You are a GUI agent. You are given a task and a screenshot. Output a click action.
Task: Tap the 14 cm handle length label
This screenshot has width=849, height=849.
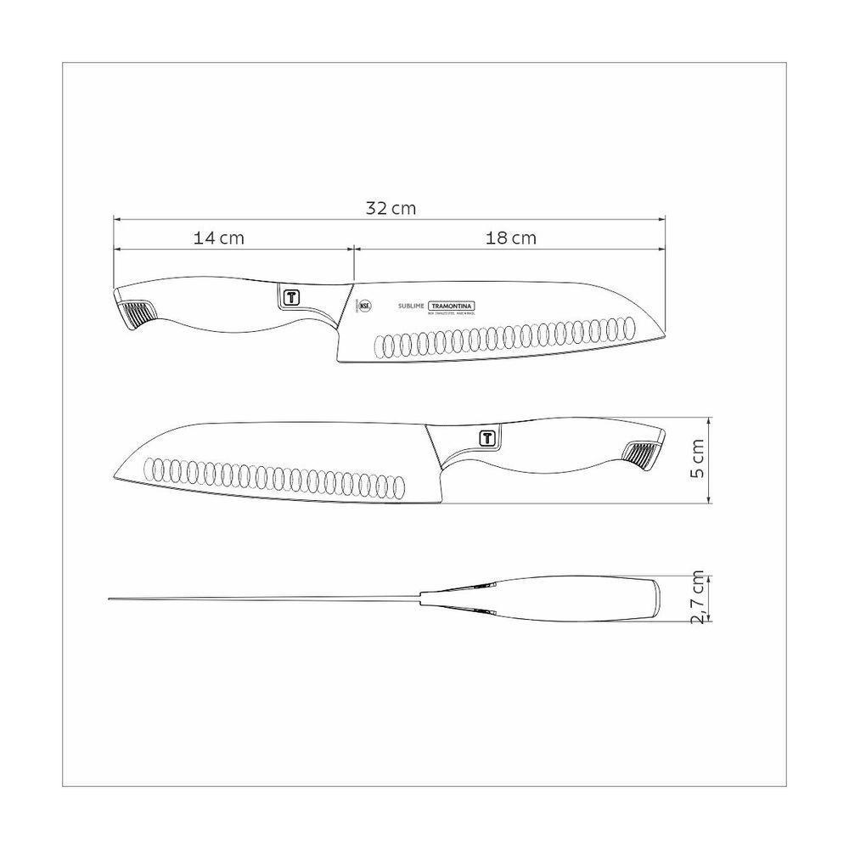[x=219, y=239]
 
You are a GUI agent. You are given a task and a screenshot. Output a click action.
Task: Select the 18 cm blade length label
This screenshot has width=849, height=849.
[x=511, y=239]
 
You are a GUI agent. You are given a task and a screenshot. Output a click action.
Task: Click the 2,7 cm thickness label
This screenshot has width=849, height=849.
[x=699, y=599]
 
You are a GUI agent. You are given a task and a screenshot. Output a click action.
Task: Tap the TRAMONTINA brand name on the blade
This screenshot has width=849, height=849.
[x=452, y=306]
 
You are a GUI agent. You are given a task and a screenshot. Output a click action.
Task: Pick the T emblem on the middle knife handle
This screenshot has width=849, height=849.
[x=487, y=438]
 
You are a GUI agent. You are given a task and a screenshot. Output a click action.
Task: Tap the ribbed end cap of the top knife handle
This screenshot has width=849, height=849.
[x=135, y=314]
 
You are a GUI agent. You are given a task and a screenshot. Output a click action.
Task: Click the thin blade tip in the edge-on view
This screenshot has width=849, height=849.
[x=111, y=599]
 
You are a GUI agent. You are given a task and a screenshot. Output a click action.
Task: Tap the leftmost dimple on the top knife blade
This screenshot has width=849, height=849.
[x=383, y=346]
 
